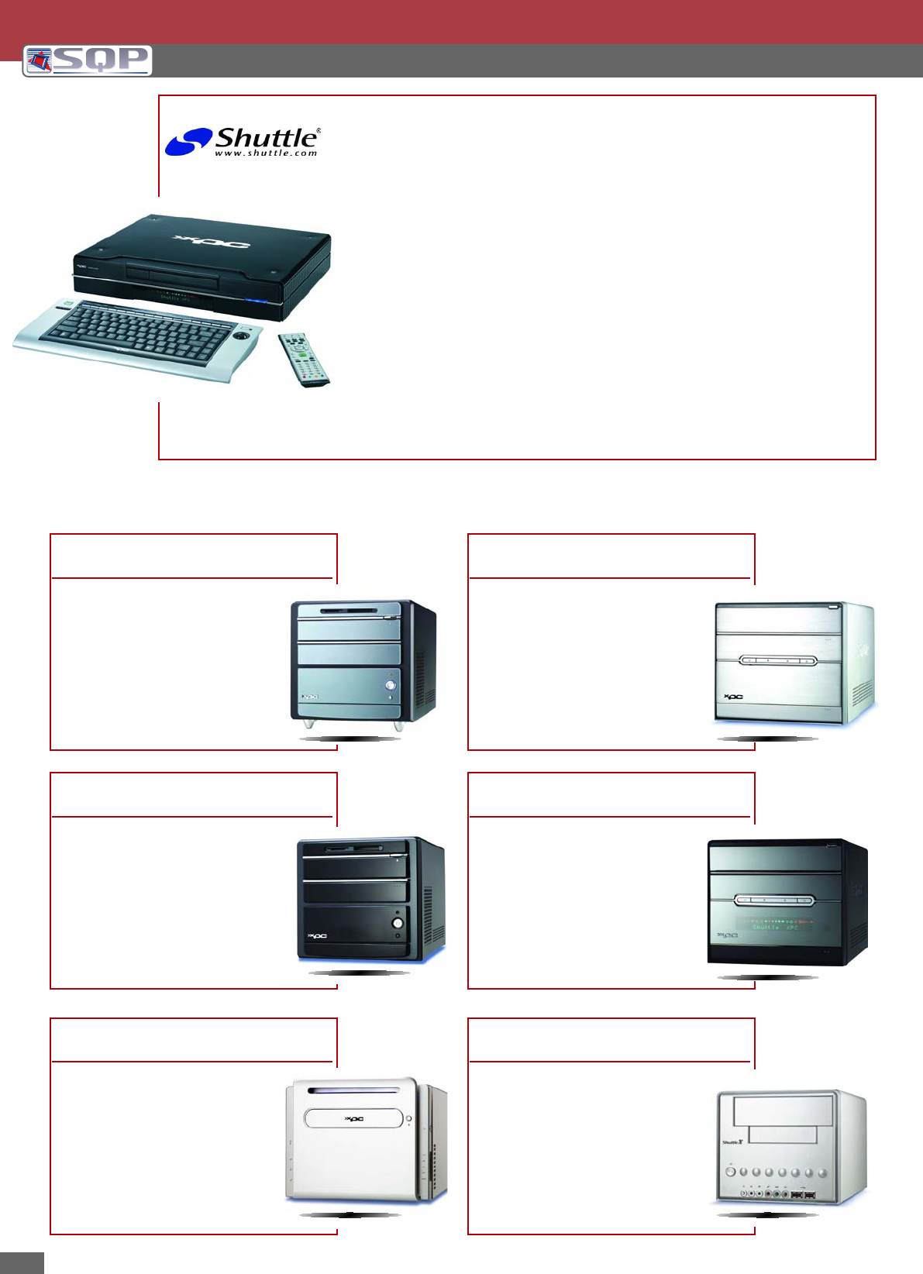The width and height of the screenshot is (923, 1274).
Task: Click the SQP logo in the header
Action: [x=87, y=60]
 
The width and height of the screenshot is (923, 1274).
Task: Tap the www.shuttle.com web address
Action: [x=266, y=153]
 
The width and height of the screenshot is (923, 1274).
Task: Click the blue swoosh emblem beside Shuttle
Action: [x=188, y=142]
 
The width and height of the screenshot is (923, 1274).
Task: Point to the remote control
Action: [x=303, y=360]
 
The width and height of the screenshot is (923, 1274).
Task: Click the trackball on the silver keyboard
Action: [x=244, y=338]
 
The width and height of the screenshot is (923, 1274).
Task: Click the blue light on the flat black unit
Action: [x=256, y=301]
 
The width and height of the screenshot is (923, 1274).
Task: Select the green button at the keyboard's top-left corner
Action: [x=68, y=305]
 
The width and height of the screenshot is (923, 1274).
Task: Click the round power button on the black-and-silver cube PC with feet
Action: [x=390, y=685]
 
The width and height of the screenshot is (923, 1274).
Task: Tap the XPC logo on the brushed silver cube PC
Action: [x=733, y=697]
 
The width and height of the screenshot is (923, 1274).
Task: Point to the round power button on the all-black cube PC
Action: [x=398, y=924]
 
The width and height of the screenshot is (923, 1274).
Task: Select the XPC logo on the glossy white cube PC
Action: [x=353, y=1118]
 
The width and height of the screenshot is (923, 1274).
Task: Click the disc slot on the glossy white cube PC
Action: [x=353, y=1090]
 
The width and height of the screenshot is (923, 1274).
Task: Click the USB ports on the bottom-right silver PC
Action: [x=804, y=1197]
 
